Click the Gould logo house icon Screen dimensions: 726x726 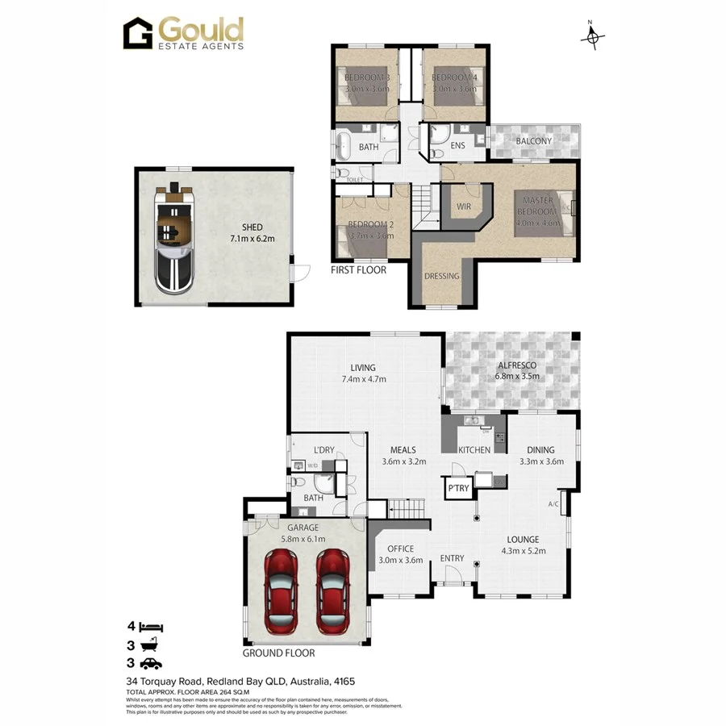tap(137, 35)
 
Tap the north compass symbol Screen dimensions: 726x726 tap(594, 36)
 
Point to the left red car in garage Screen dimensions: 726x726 tap(282, 591)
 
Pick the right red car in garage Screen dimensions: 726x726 tap(333, 591)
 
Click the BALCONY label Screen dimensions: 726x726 tap(533, 141)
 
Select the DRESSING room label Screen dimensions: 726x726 tap(441, 276)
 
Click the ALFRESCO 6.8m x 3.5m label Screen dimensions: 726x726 tap(516, 371)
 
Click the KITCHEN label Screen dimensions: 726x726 tap(474, 450)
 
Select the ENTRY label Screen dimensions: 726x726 tap(452, 558)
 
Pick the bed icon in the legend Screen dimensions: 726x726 tap(151, 626)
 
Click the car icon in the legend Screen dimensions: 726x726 tap(151, 664)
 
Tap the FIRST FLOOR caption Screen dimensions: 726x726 tap(358, 270)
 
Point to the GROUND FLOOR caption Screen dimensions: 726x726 tap(278, 653)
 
